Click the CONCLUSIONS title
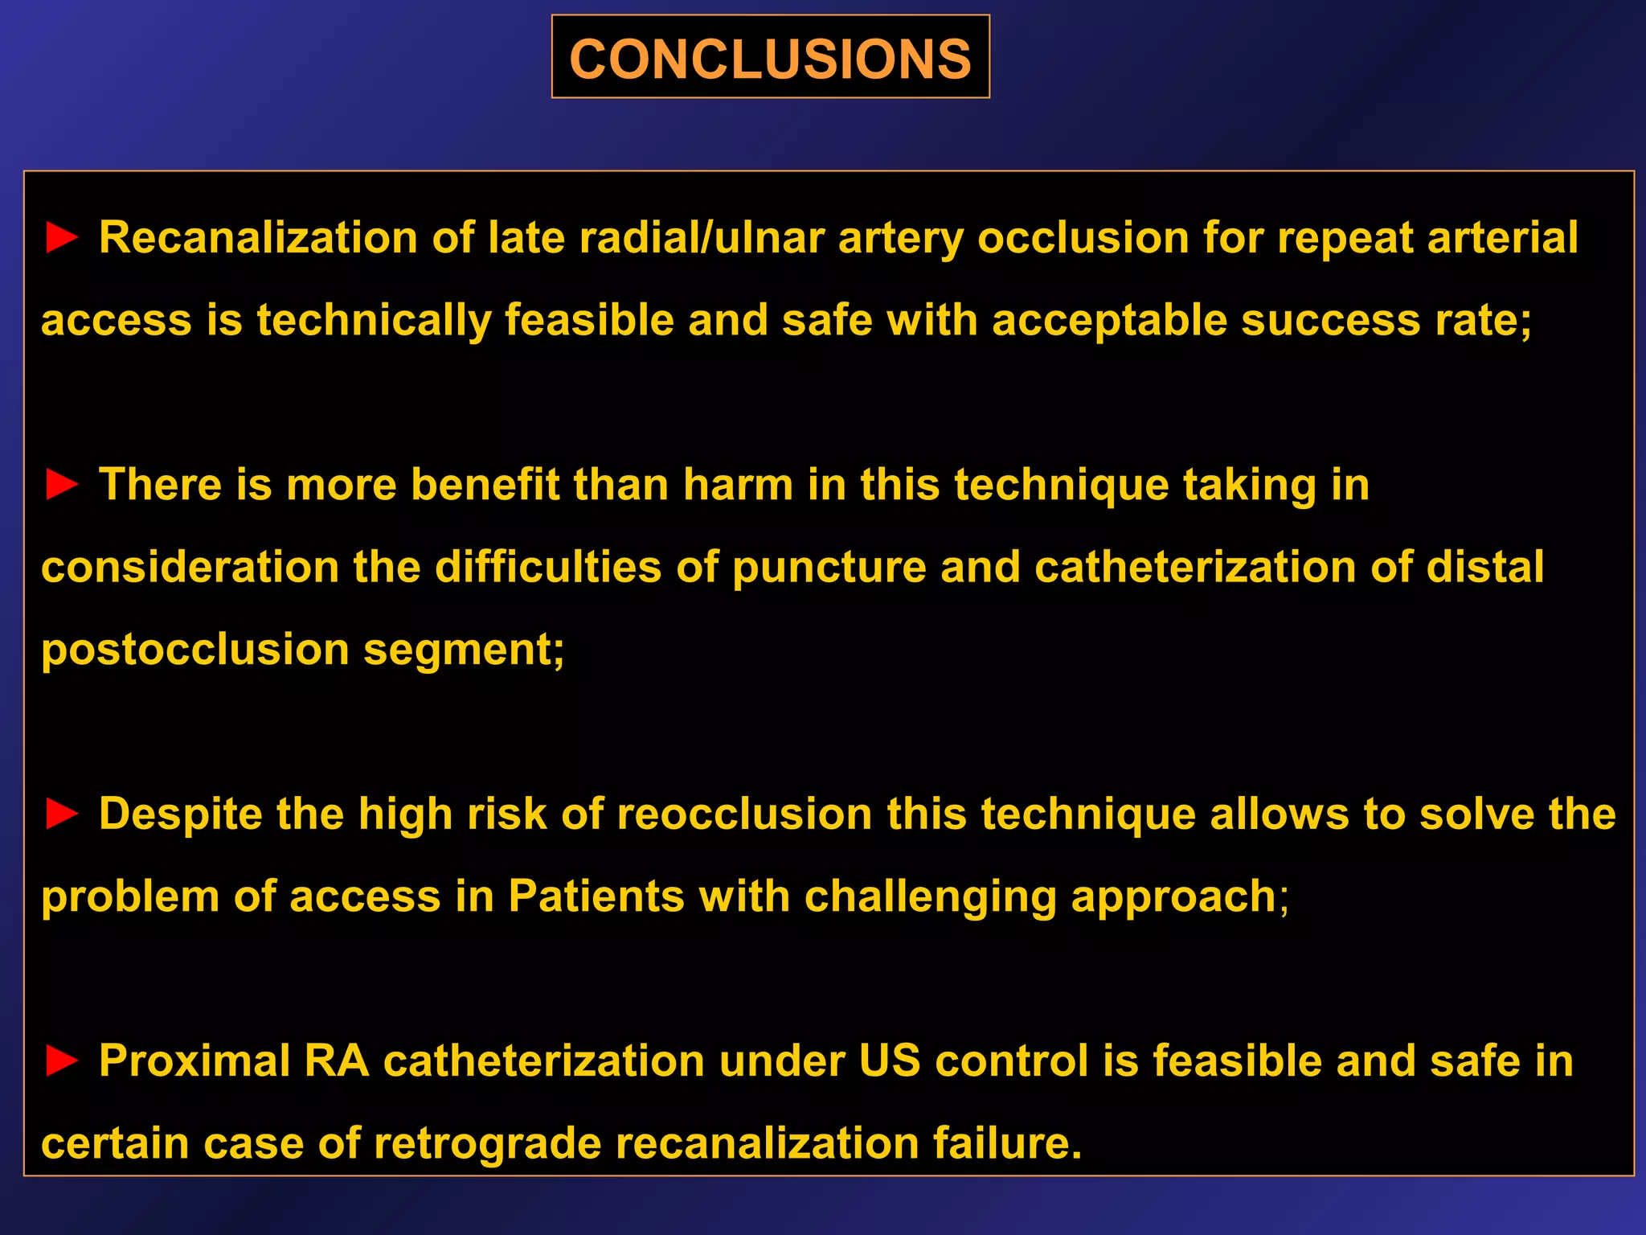[770, 59]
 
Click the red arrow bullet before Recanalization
[62, 239]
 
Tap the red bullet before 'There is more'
[62, 486]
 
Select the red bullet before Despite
[62, 814]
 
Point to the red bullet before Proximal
[62, 1061]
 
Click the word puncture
[829, 568]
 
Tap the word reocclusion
[744, 814]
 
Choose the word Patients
[596, 897]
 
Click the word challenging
[930, 897]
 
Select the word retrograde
[487, 1143]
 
